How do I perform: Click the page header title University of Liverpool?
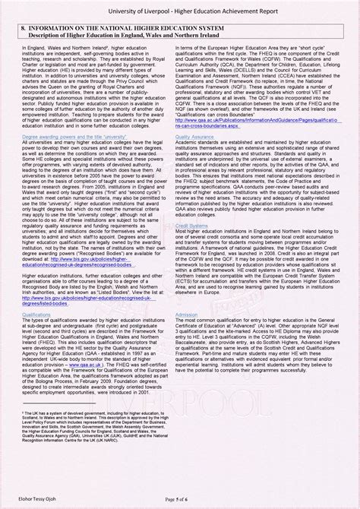pyautogui.click(x=179, y=9)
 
